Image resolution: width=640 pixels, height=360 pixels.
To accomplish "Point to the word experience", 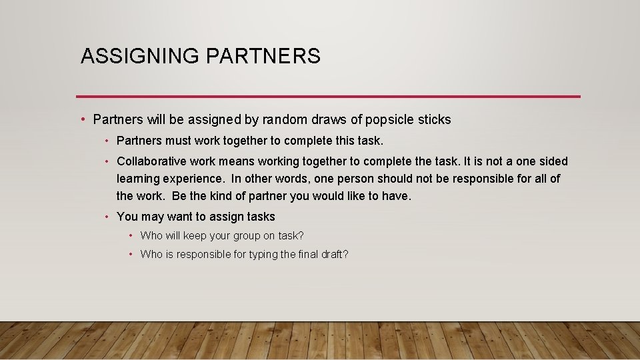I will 193,179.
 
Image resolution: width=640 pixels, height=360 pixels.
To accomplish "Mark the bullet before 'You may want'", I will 107,217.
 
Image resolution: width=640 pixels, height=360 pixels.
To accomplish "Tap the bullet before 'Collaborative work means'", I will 107,161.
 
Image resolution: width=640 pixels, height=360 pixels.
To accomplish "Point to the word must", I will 176,141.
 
